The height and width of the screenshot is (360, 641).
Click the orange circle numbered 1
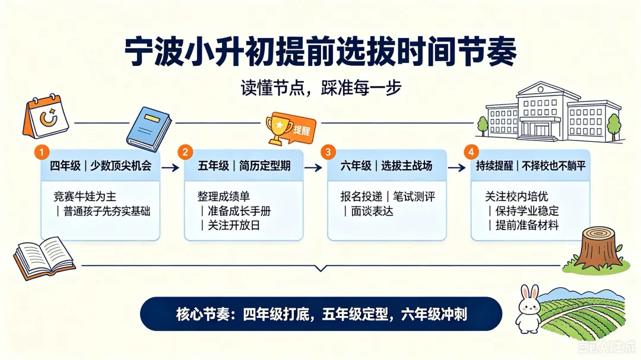point(42,152)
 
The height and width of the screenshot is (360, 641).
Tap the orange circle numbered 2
point(185,152)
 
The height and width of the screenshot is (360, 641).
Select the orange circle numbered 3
point(328,152)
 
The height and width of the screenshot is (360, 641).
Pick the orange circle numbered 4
point(471,152)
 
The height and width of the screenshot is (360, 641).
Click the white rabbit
point(529,310)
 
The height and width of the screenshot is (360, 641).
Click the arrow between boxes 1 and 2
point(170,167)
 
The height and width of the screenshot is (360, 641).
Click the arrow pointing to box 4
point(457,167)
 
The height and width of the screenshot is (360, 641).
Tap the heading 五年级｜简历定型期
point(244,165)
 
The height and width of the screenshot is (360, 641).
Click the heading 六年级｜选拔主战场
point(386,165)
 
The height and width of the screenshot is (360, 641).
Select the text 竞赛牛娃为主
point(85,196)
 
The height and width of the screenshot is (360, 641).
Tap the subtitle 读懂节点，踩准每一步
point(321,88)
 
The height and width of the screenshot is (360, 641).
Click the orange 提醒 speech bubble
point(300,129)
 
